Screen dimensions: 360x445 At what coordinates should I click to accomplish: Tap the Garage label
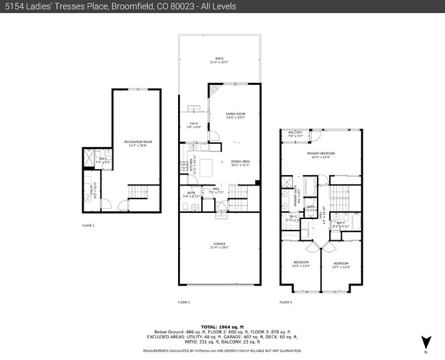click(x=219, y=244)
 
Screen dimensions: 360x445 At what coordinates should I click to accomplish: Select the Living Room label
click(x=236, y=116)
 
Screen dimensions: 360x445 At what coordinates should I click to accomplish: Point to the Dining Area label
click(x=240, y=163)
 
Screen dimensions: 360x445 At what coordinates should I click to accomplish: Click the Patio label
click(x=219, y=60)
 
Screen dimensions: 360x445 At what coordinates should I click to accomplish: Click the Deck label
click(x=193, y=125)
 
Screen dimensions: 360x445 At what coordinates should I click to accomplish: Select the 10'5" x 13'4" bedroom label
click(x=301, y=264)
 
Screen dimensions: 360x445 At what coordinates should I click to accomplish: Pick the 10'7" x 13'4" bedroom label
click(x=341, y=264)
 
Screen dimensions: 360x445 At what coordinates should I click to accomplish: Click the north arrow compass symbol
click(x=425, y=342)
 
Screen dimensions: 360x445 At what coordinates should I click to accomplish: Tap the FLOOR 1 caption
click(x=88, y=225)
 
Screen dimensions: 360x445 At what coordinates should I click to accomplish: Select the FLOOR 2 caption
click(x=183, y=302)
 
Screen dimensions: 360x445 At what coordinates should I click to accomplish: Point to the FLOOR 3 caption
click(x=285, y=302)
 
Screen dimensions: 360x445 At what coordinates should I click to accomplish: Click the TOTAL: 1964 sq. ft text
click(x=222, y=326)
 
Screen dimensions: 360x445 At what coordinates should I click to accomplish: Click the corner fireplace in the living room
click(x=214, y=90)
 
